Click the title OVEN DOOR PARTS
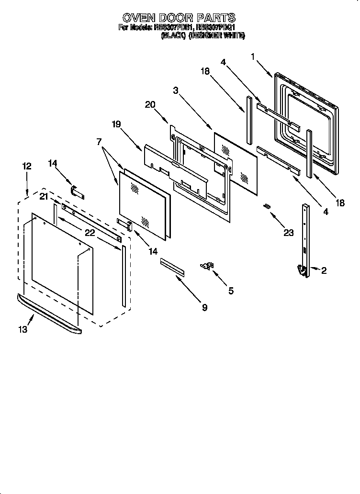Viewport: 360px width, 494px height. click(179, 18)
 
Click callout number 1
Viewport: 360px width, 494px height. click(253, 56)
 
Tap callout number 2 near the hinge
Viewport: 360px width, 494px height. click(324, 271)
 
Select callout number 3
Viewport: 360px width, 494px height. click(176, 90)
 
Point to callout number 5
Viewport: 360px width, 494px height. click(231, 290)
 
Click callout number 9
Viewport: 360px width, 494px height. click(204, 308)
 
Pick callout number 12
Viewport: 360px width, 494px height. click(27, 166)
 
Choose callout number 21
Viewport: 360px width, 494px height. click(44, 197)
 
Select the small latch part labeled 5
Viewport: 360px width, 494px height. click(208, 266)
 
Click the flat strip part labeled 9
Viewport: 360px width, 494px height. click(172, 267)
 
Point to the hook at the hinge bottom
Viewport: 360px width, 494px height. click(302, 271)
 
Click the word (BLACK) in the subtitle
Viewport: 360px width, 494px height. click(173, 35)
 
